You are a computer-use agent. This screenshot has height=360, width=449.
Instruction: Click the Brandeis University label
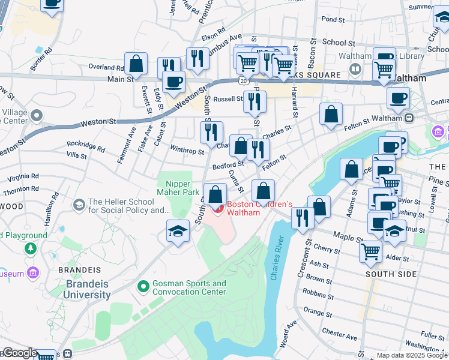[88, 289]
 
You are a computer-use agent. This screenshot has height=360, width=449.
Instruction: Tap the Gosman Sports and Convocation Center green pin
[143, 287]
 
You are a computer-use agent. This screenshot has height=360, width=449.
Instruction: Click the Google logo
[19, 353]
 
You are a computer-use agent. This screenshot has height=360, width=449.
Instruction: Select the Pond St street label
[330, 19]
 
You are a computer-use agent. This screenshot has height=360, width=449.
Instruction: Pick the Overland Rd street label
[106, 67]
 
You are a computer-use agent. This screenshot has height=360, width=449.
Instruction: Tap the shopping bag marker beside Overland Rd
[136, 64]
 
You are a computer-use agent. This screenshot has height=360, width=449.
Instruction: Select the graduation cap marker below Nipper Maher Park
[178, 232]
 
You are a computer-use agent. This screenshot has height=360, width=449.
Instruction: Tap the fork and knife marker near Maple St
[303, 218]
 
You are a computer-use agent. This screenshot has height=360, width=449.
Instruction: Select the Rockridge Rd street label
[86, 144]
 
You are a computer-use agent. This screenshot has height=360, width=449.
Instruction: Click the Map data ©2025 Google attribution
[412, 355]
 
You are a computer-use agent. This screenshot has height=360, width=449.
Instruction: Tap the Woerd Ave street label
[290, 334]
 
